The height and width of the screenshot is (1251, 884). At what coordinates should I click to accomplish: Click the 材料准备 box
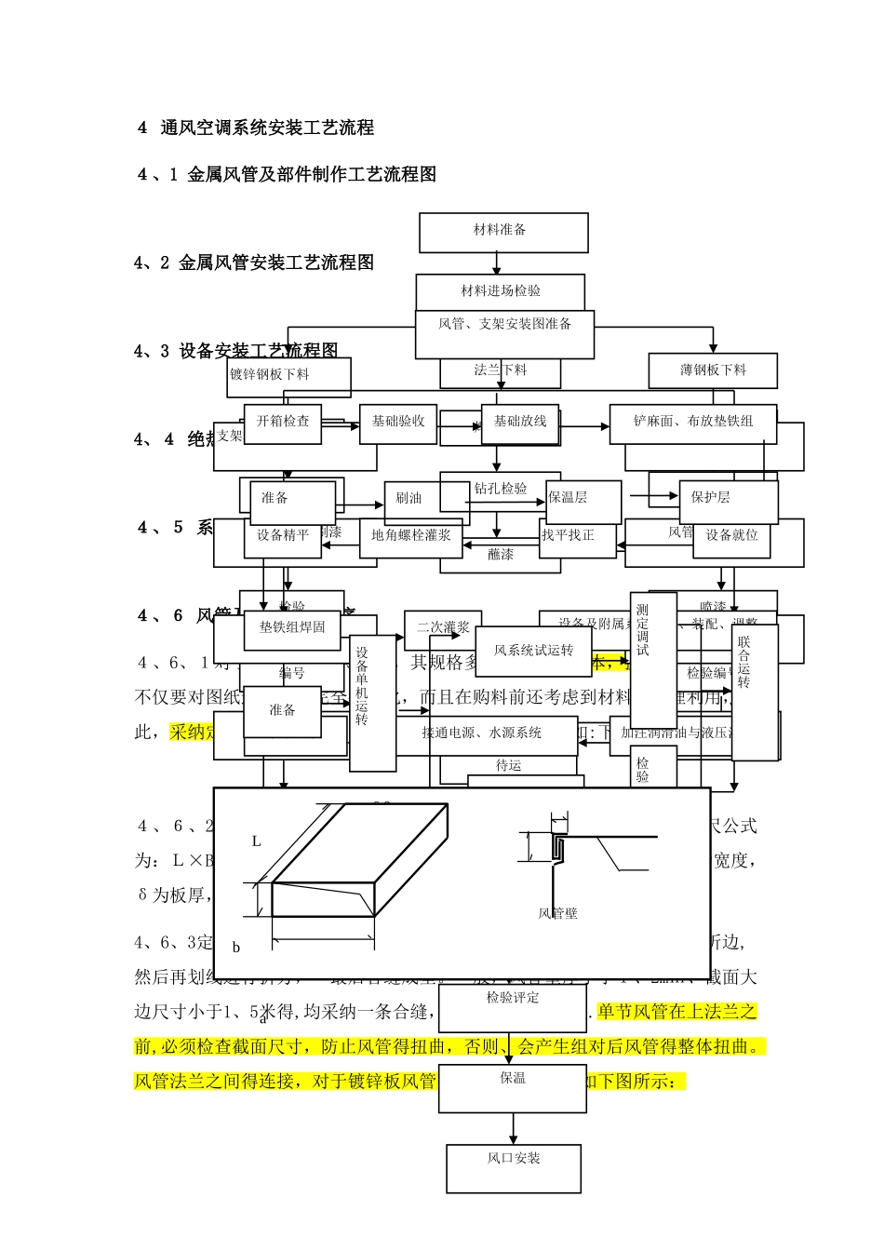click(x=503, y=232)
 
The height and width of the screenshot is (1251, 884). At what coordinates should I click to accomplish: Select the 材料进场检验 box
click(x=500, y=291)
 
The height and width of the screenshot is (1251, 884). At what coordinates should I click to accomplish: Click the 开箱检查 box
click(x=283, y=422)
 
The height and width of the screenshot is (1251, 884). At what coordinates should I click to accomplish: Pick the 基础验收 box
click(x=398, y=422)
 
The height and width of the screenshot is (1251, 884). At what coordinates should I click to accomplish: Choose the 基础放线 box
click(x=520, y=422)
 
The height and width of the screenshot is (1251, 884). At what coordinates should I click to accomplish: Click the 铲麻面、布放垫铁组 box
click(x=692, y=422)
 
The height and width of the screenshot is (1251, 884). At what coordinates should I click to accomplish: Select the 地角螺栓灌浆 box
click(x=410, y=536)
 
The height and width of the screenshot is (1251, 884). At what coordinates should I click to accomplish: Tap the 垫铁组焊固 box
click(x=292, y=628)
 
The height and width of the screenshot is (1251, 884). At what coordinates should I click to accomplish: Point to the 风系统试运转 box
click(x=533, y=651)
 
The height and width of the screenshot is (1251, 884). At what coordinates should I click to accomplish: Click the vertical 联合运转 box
click(x=754, y=692)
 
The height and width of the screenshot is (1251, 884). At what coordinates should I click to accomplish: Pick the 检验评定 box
click(x=513, y=999)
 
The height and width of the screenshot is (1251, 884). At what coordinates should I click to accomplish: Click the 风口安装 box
click(x=514, y=1167)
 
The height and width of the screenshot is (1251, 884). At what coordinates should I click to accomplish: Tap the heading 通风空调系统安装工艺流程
click(x=267, y=128)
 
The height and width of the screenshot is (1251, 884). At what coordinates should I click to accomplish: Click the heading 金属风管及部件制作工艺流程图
click(x=312, y=174)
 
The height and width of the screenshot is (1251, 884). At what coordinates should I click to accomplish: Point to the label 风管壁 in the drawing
click(x=558, y=914)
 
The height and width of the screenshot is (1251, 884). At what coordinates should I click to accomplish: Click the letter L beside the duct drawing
click(x=257, y=841)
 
